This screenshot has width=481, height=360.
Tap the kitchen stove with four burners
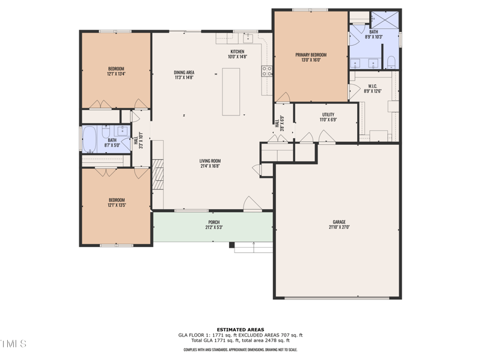click(x=266, y=72)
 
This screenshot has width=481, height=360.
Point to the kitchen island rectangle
click(x=231, y=91)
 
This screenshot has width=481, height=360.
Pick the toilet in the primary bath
click(x=391, y=62)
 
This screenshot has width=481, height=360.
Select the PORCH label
click(x=213, y=222)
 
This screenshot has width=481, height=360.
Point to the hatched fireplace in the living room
click(x=158, y=174)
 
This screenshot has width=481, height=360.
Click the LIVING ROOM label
click(x=210, y=160)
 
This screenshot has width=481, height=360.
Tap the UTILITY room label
click(x=328, y=114)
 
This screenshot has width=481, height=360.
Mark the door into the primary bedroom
click(x=283, y=97)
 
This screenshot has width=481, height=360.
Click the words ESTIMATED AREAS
click(x=240, y=329)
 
